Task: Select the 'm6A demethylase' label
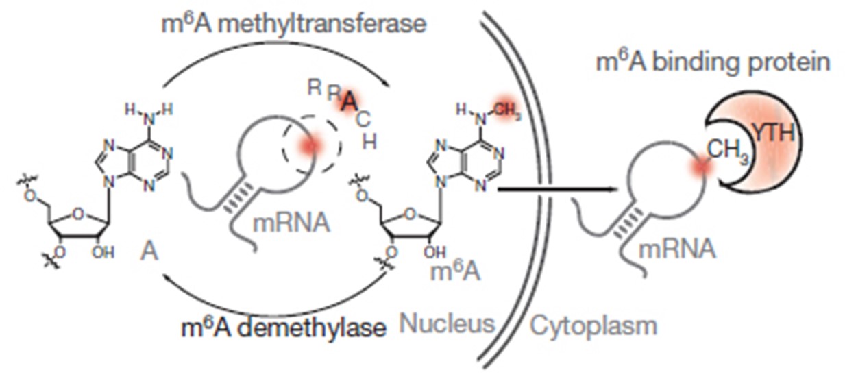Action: [x=283, y=328]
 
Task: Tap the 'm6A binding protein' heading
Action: [x=713, y=62]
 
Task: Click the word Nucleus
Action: [x=447, y=323]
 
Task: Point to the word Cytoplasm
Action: [x=593, y=325]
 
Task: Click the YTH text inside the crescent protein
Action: [x=774, y=133]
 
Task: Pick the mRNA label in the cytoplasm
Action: [x=676, y=249]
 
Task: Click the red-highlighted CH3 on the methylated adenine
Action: [x=505, y=112]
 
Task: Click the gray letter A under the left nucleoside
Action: [x=150, y=251]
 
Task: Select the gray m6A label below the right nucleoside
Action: [x=455, y=272]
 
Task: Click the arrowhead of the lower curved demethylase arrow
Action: [x=169, y=275]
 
